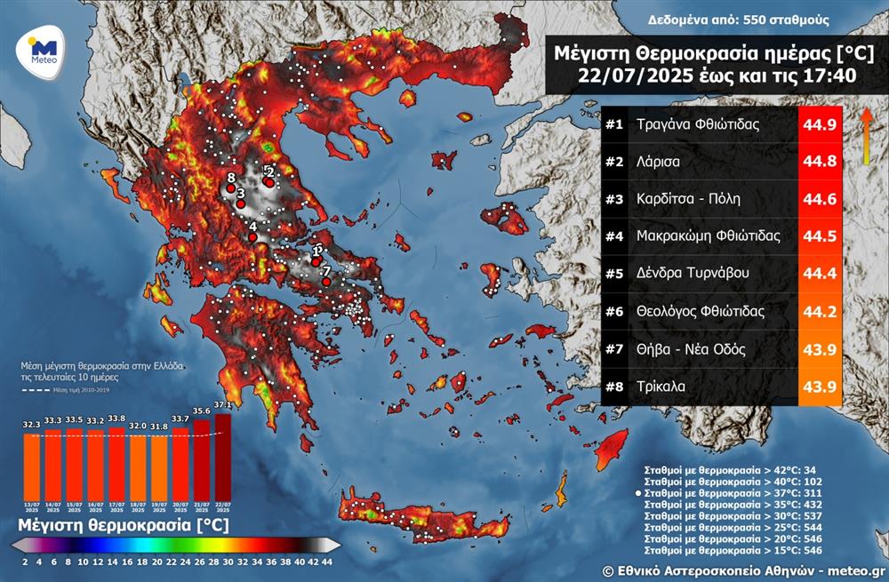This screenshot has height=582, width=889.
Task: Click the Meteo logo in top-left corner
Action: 43,51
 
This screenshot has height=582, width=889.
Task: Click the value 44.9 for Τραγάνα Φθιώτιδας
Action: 819,124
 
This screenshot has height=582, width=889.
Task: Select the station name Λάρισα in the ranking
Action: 659,162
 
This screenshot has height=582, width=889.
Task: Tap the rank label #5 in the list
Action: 614,275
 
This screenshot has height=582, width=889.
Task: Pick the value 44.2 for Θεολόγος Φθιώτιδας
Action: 819,312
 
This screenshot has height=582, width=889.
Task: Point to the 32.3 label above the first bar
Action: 31,425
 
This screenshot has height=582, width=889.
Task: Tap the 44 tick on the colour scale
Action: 327,562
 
